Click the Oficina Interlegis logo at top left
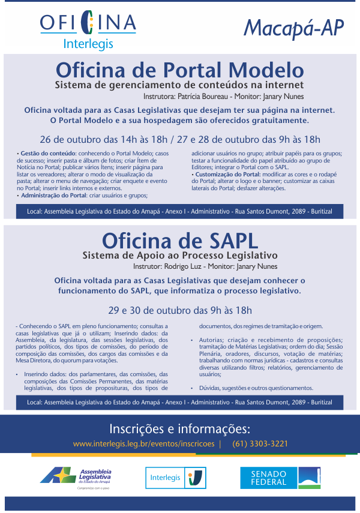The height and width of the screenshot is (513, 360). pos(88,31)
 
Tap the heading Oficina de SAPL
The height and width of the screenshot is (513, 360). pos(179,239)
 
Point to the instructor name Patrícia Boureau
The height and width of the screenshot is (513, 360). pos(208,96)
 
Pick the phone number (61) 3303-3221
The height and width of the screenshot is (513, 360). pos(260,444)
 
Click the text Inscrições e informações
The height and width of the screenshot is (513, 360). pos(179,428)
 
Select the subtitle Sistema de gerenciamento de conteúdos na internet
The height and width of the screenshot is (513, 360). pos(179,85)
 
